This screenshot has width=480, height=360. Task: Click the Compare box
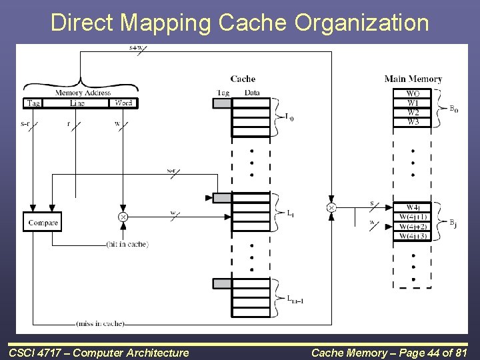tap(43, 222)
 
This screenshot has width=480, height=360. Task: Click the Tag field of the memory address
tap(33, 103)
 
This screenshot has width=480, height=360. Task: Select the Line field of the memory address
tap(77, 103)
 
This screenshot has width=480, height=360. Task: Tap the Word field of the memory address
tap(123, 103)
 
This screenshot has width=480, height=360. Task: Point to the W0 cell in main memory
tap(413, 94)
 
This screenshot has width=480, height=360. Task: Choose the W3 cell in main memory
tap(413, 122)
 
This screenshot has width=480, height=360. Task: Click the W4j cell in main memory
tap(413, 207)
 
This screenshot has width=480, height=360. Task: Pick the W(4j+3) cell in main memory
tap(413, 236)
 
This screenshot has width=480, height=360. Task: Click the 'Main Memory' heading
tap(413, 79)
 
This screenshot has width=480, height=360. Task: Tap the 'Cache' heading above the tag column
tap(243, 79)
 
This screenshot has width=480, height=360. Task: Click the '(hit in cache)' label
tap(127, 245)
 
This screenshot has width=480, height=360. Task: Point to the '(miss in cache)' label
tap(101, 324)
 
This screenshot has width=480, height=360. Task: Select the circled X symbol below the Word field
tap(123, 217)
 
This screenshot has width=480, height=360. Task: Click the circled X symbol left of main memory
tap(331, 207)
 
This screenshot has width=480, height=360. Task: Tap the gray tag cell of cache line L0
tap(222, 103)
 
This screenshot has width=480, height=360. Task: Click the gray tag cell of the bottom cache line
tap(222, 284)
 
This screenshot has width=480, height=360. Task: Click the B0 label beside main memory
tap(453, 108)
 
